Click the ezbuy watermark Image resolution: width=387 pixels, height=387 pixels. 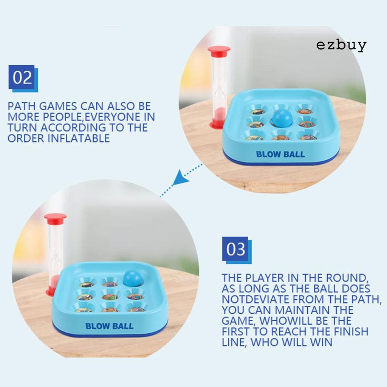point(341,46)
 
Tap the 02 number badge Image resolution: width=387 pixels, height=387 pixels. point(23,78)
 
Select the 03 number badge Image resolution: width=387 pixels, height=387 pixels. point(237,250)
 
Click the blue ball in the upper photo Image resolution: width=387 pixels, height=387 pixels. point(282,117)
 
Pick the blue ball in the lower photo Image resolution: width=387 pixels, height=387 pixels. point(133,278)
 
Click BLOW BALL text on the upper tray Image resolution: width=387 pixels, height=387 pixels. point(280,155)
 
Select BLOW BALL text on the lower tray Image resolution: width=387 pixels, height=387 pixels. point(109,326)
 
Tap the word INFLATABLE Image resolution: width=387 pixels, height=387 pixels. point(79,138)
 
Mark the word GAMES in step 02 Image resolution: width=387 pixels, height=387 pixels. point(58,106)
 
